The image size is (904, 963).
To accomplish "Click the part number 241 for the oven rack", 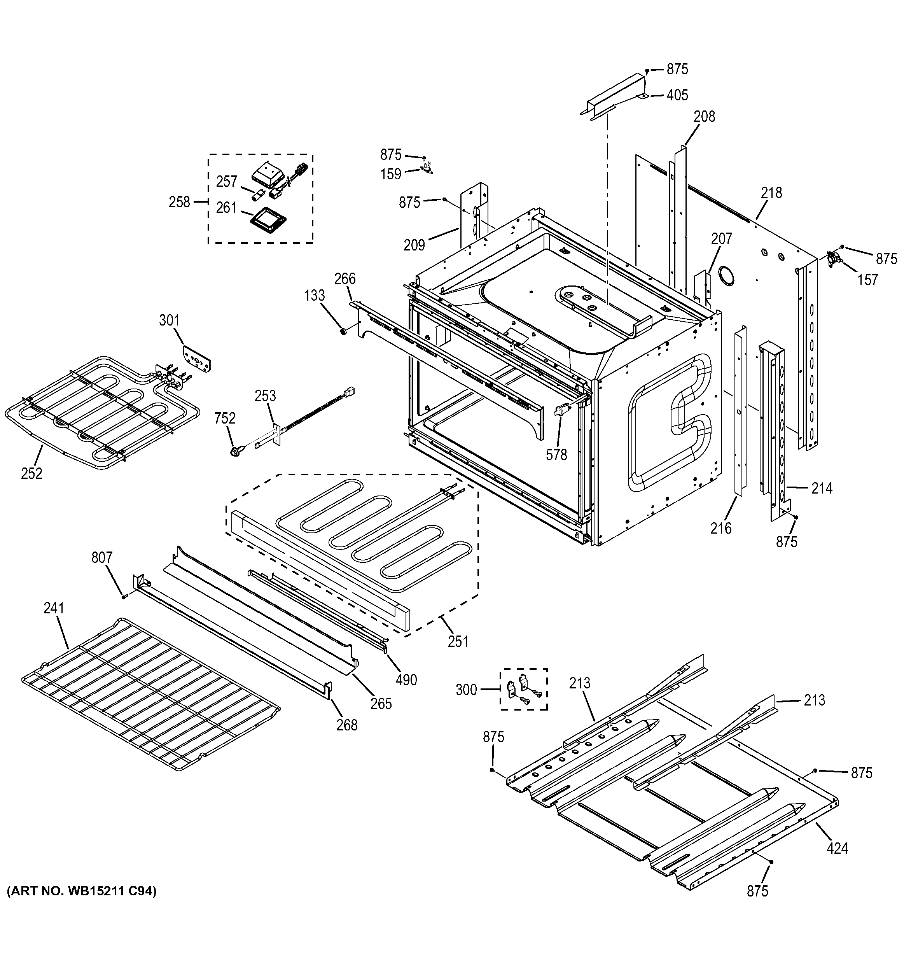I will click(54, 608).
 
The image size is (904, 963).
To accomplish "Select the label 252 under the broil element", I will click(31, 473).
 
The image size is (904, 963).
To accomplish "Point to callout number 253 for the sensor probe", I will click(265, 396).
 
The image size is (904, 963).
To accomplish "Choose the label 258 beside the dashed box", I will click(179, 202).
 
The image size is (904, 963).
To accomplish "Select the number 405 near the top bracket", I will click(677, 95).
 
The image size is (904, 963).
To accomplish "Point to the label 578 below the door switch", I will click(556, 454).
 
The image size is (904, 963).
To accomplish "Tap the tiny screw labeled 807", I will click(124, 597).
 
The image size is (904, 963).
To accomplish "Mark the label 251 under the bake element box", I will click(458, 641).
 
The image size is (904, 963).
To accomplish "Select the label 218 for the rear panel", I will click(771, 193).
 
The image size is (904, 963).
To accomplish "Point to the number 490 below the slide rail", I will click(406, 680).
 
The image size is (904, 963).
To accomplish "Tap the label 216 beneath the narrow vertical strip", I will click(721, 528).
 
